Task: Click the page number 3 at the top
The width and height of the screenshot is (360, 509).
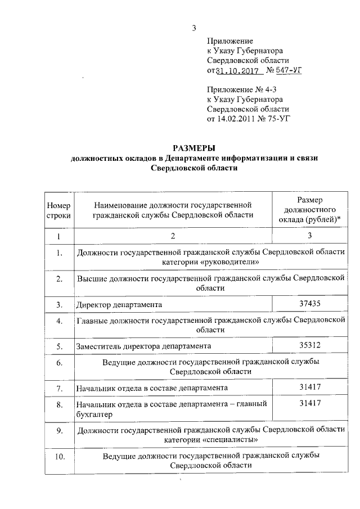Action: (x=194, y=29)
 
